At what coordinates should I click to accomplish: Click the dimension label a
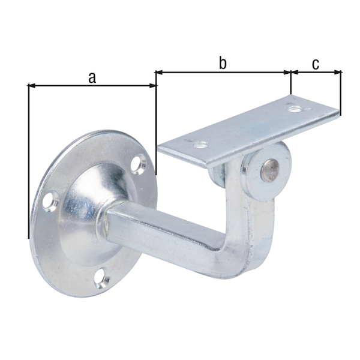pyautogui.click(x=92, y=76)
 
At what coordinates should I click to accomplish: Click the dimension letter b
pyautogui.click(x=223, y=63)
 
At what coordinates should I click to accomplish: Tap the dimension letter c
pyautogui.click(x=316, y=63)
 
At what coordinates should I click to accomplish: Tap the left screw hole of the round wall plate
pyautogui.click(x=50, y=202)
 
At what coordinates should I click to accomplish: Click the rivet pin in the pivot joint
pyautogui.click(x=268, y=170)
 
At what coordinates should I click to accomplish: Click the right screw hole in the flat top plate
pyautogui.click(x=294, y=109)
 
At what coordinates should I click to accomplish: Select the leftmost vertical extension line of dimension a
pyautogui.click(x=29, y=162)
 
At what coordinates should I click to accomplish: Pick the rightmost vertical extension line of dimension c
pyautogui.click(x=341, y=93)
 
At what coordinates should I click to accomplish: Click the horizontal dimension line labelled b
pyautogui.click(x=252, y=73)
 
